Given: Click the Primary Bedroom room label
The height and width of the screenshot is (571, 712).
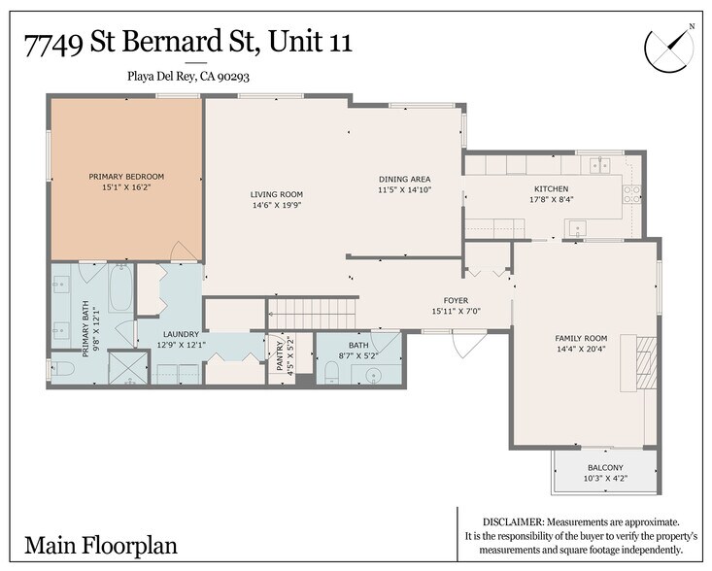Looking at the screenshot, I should (126, 176).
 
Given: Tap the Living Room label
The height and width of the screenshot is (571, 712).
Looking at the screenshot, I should (277, 194).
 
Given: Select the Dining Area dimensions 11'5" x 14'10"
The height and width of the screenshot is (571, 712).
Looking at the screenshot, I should (404, 190).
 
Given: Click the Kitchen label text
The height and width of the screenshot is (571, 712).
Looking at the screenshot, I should (551, 188).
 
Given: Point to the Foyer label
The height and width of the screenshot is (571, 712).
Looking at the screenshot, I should (457, 300).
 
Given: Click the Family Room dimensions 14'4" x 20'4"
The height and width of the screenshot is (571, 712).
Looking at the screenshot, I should (581, 349).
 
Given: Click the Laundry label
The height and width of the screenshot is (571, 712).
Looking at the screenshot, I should (181, 333).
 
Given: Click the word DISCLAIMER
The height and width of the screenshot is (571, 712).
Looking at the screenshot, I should (515, 521).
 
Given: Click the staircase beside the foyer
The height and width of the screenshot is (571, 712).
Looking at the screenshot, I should (313, 314).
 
